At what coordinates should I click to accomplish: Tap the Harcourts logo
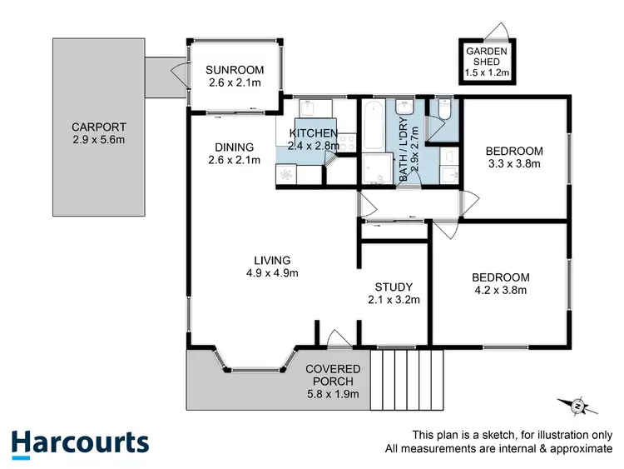[x=80, y=442]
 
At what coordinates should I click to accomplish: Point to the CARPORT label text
[x=98, y=127]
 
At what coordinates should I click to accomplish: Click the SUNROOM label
[x=235, y=70]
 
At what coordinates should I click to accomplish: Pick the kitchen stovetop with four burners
[x=287, y=175]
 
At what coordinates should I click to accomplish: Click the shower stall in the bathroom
[x=376, y=169]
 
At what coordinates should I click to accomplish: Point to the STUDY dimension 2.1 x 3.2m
[x=394, y=300]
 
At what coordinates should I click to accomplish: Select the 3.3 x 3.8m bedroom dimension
[x=513, y=164]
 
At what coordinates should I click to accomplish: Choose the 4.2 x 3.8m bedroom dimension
[x=499, y=291]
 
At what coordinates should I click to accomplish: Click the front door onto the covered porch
[x=337, y=339]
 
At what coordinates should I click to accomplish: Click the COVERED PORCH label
[x=333, y=376]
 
